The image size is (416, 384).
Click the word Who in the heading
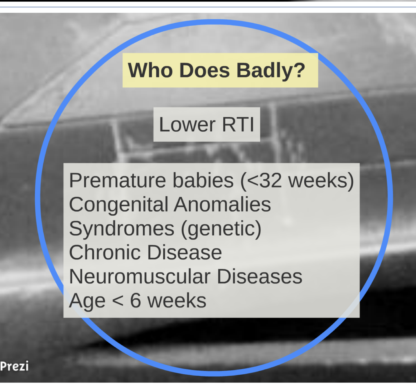click(150, 70)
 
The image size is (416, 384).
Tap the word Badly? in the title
click(271, 71)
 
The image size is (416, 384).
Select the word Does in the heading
click(205, 70)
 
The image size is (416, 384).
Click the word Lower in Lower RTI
click(187, 124)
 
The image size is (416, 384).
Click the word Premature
click(118, 180)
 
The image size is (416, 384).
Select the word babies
click(203, 180)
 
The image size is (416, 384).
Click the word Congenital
click(119, 205)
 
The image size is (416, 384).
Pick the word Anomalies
click(222, 204)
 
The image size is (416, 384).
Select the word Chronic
click(105, 252)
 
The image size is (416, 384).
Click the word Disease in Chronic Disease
click(185, 252)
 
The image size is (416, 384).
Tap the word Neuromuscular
click(140, 276)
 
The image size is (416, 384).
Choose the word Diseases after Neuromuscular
click(260, 276)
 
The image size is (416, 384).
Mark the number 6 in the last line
click(135, 301)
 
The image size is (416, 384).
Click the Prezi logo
click(14, 366)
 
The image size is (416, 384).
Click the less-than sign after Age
click(118, 301)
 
